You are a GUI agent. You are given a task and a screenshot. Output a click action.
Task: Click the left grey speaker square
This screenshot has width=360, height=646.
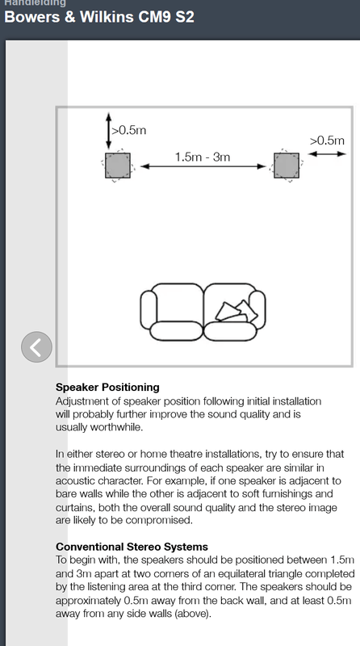(x=118, y=166)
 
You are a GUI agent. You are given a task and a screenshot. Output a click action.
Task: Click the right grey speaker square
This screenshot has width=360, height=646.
(x=287, y=166)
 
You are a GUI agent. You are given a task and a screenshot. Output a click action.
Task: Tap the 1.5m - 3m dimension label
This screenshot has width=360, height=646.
(x=203, y=157)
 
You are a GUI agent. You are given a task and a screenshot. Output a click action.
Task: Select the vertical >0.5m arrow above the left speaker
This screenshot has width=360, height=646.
(x=108, y=131)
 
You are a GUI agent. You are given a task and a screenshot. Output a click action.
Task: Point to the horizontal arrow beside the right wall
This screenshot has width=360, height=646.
(x=327, y=154)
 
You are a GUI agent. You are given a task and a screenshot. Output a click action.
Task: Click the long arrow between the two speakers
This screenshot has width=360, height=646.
(x=203, y=166)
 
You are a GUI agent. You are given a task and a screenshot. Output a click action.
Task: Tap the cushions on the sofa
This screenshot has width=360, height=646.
(x=237, y=312)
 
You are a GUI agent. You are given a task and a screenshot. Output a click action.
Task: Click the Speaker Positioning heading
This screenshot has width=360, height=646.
(x=107, y=388)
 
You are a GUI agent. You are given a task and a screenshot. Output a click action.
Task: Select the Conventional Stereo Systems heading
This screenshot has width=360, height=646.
(x=132, y=547)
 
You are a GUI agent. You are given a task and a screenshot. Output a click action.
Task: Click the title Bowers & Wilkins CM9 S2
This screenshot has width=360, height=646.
(x=98, y=17)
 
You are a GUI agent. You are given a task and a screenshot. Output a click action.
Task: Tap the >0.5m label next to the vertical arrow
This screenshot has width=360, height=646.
(x=129, y=130)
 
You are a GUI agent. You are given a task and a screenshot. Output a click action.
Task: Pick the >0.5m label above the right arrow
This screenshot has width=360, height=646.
(x=327, y=141)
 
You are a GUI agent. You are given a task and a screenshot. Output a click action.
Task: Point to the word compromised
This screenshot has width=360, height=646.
(x=158, y=520)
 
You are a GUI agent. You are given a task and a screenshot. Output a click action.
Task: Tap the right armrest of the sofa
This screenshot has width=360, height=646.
(x=257, y=309)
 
